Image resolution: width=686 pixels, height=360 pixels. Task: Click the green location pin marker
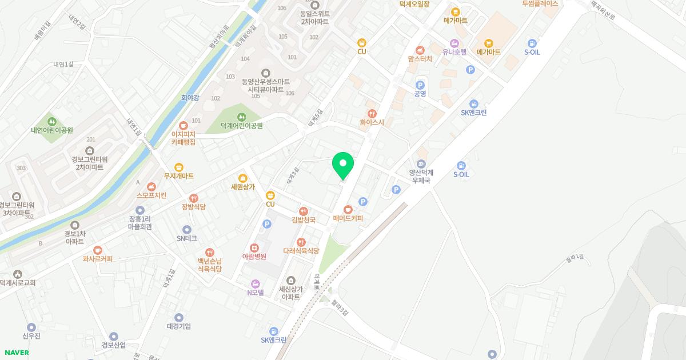[343, 166]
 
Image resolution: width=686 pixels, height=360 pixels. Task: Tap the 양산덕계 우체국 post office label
[422, 176]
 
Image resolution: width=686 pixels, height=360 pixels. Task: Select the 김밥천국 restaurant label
[303, 220]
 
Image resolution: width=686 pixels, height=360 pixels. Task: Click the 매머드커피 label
[348, 218]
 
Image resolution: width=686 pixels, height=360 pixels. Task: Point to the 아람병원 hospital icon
[254, 247]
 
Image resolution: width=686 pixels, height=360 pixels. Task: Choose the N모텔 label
[255, 292]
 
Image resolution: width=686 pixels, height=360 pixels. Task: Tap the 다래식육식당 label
[301, 251]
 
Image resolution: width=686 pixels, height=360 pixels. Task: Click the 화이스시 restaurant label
[372, 122]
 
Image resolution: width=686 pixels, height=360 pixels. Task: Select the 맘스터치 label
[420, 58]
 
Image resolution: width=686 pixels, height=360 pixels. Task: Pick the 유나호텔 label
[454, 52]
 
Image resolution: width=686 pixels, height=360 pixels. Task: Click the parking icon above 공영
[420, 85]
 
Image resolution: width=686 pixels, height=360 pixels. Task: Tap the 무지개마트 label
[179, 176]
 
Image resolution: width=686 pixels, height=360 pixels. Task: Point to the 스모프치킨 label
[151, 195]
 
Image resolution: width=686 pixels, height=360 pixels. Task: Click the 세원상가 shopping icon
[243, 178]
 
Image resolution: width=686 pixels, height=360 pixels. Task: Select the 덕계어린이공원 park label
[241, 126]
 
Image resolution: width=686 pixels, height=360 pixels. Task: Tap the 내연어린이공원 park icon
[52, 121]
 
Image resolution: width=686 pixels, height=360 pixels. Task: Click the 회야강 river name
[190, 98]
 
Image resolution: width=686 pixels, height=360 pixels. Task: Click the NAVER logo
[17, 353]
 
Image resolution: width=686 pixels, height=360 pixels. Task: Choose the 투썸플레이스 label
[540, 3]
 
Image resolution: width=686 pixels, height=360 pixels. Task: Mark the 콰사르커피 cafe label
[97, 259]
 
